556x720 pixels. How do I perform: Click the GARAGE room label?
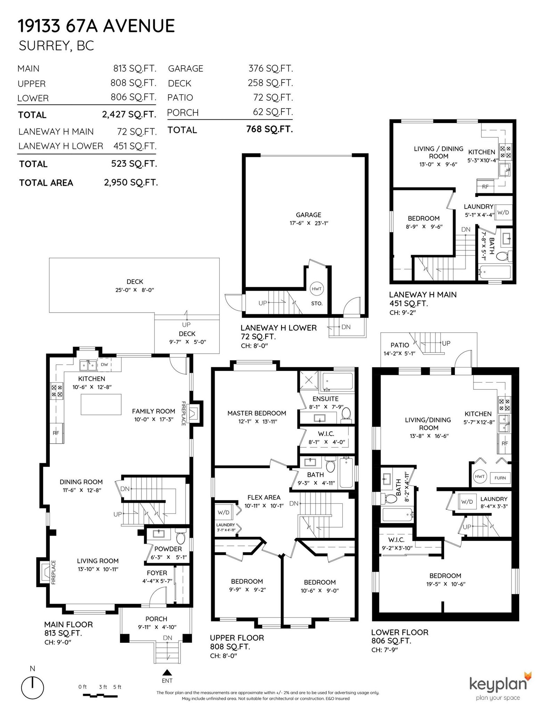(308, 215)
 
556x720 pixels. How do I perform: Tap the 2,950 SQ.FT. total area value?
(131, 183)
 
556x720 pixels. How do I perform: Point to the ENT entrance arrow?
(167, 672)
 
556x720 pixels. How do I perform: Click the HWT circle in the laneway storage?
(317, 289)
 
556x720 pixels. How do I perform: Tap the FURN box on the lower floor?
(500, 478)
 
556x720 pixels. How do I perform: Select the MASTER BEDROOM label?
(256, 413)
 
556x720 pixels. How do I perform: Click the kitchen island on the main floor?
(101, 404)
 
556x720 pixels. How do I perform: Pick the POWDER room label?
(168, 549)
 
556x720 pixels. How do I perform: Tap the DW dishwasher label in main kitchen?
(105, 365)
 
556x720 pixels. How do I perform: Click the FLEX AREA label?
(264, 497)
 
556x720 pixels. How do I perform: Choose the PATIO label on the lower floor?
(400, 345)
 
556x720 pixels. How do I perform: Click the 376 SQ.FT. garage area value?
(271, 68)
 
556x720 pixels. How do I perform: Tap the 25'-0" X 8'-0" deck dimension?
(135, 290)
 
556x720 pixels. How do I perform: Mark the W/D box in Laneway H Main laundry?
(503, 212)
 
